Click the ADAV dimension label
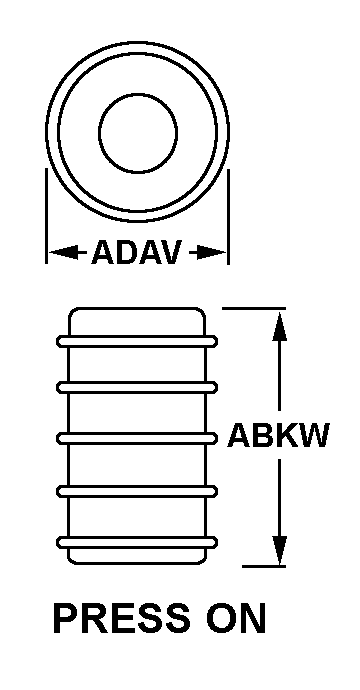136,252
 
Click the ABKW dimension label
278,435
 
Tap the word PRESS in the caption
121,619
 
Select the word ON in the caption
236,619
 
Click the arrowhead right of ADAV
211,252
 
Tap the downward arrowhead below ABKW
279,550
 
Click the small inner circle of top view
138,94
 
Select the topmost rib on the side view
137,341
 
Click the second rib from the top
137,387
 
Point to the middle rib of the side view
137,438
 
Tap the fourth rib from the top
137,491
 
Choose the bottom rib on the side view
137,543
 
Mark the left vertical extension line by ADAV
46,216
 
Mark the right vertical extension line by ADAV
228,217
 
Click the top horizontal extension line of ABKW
254,308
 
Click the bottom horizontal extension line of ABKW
264,566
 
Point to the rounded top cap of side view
137,308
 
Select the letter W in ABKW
314,435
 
